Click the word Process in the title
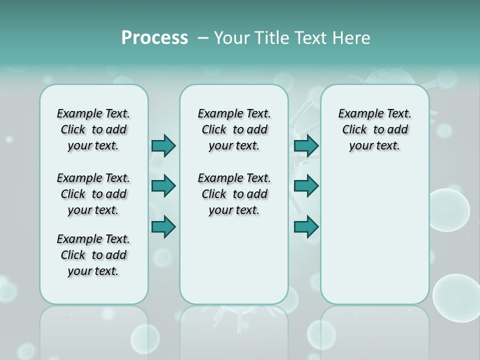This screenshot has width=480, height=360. (154, 38)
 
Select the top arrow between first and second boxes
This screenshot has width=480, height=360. (164, 145)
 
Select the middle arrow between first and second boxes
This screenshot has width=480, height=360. (164, 186)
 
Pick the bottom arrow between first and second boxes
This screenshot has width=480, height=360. (164, 227)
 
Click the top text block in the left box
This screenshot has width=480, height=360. (93, 129)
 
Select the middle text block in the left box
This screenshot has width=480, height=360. (93, 194)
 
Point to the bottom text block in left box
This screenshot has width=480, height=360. (93, 255)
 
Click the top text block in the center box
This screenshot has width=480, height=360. (234, 129)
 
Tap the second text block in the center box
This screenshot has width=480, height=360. (234, 194)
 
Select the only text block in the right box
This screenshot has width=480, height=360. (374, 129)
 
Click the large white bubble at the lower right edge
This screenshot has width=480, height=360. (457, 297)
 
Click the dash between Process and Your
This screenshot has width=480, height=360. (202, 38)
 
